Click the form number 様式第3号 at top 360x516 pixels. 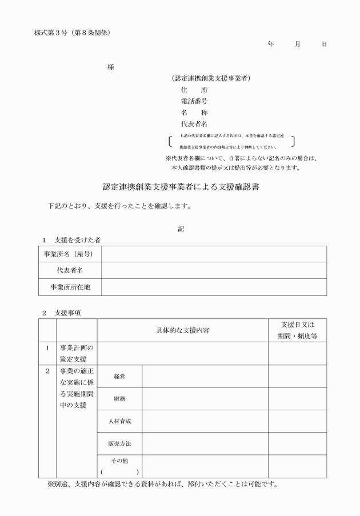pos(51,31)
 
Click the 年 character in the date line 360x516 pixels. pos(270,44)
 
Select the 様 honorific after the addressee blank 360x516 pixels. pos(111,67)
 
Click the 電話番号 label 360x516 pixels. pos(194,101)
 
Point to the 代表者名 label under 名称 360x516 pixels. pos(194,123)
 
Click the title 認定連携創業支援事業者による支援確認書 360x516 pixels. pos(180,186)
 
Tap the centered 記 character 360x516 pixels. pos(181,229)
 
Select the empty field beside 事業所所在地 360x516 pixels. pos(214,287)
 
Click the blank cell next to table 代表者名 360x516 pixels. pos(214,270)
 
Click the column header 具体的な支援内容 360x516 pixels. pos(183,331)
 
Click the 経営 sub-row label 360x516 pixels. pos(120,377)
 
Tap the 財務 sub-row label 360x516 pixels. pos(120,399)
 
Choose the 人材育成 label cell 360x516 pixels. pos(120,421)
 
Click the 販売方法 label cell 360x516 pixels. pos(120,443)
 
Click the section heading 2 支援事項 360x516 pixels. pos(62,313)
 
